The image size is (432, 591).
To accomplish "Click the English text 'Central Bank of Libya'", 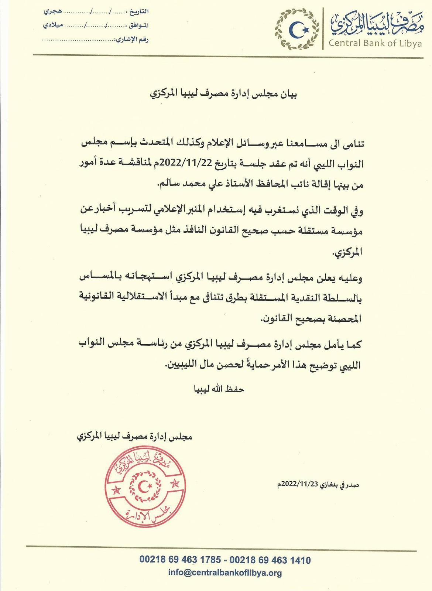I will click(375, 43).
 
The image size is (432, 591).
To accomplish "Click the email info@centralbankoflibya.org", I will click(225, 573).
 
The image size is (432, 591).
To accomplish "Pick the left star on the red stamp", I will click(117, 491).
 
